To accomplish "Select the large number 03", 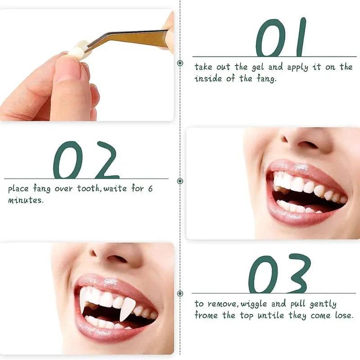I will click(x=279, y=274).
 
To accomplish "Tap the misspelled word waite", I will click(x=116, y=189).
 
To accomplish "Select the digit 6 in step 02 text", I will click(x=150, y=189).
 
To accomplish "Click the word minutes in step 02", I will click(x=25, y=200).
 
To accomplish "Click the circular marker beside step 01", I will click(x=180, y=63).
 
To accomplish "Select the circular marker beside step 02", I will click(x=180, y=181).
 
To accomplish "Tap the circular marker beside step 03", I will click(x=180, y=293).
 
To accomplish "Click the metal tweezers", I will click(x=130, y=38).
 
